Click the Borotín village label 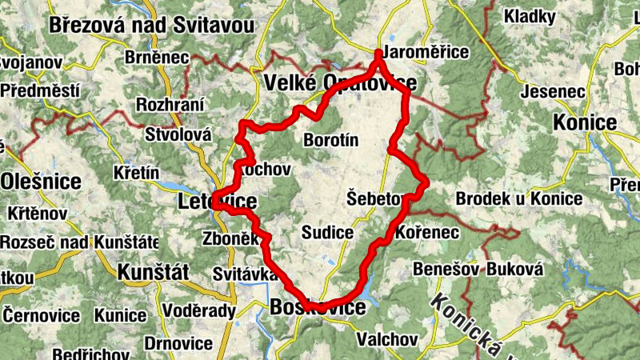pos(331,141)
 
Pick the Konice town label pos(583,122)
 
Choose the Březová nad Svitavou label pos(151,25)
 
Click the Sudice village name pos(328,233)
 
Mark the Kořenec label pos(427,233)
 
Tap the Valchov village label pos(388,338)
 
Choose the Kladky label pos(529,15)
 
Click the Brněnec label pos(157,58)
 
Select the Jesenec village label pos(552,91)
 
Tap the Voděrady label pos(199,311)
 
